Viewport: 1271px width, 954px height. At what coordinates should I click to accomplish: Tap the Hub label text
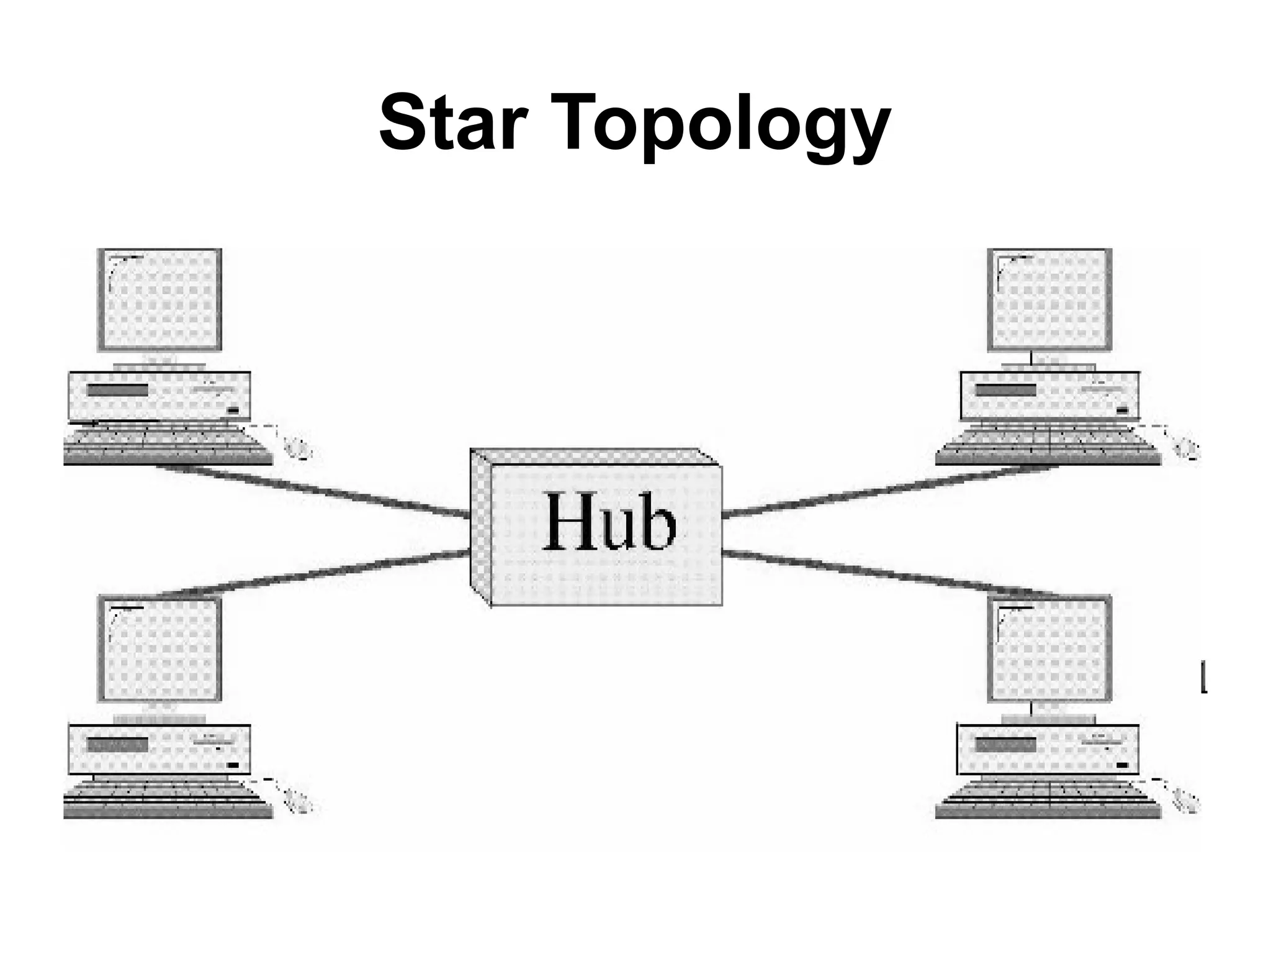[x=608, y=522]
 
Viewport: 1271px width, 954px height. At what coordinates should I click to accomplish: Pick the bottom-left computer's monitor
[x=160, y=648]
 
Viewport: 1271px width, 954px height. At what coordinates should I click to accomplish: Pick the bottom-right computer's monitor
[x=1049, y=648]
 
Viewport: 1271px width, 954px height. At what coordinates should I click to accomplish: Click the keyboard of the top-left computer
[x=168, y=445]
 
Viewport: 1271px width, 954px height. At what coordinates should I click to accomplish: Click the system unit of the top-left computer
[x=159, y=395]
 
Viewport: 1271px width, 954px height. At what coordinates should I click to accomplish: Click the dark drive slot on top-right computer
[x=1005, y=390]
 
